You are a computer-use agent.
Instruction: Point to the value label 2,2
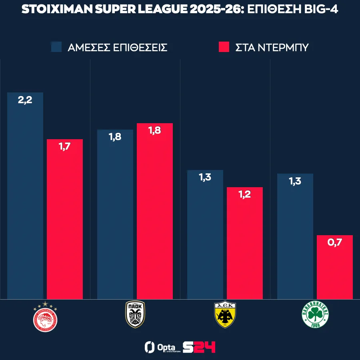tap(25, 100)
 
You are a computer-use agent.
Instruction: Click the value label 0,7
tap(335, 243)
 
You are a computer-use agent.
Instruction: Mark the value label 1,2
tap(245, 195)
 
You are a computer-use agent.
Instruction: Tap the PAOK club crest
tap(135, 315)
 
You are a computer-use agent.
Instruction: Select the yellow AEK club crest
tap(225, 315)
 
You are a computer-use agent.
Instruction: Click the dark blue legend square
tap(56, 47)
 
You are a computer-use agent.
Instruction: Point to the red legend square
tap(224, 47)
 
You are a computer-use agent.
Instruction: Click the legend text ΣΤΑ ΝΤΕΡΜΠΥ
tap(272, 48)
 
